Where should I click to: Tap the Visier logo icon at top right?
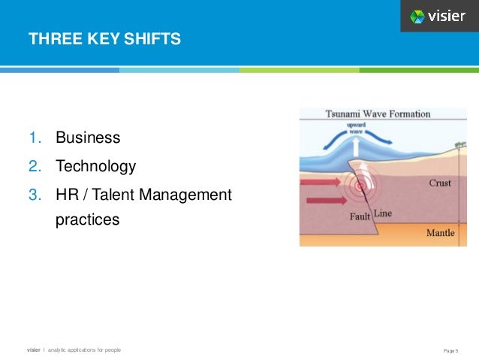click(x=418, y=16)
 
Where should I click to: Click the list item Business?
click(x=88, y=138)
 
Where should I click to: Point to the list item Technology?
click(x=96, y=166)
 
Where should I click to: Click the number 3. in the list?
click(x=35, y=195)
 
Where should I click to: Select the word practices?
click(x=87, y=221)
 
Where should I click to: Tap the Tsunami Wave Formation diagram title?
click(x=378, y=114)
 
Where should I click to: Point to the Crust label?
click(x=439, y=183)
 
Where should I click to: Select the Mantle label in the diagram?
click(x=440, y=233)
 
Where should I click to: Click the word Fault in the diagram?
click(x=360, y=216)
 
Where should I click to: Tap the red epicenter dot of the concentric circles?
click(x=361, y=186)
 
